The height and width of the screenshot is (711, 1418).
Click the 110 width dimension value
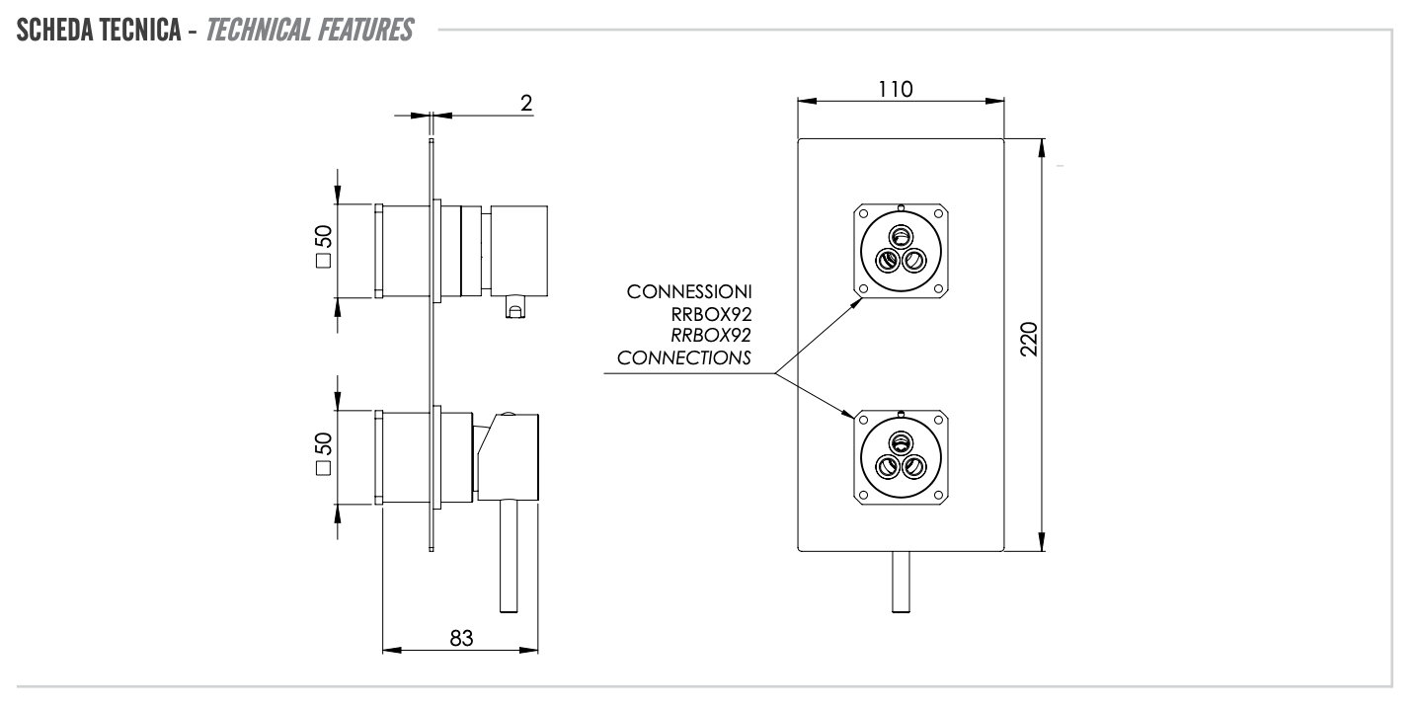tap(900, 87)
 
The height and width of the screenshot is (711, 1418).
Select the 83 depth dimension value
tap(460, 638)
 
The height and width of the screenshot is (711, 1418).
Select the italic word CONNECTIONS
tap(683, 357)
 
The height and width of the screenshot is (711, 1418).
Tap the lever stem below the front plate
tap(901, 581)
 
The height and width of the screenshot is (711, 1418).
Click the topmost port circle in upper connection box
tap(900, 237)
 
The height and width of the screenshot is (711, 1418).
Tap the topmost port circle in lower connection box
tap(900, 441)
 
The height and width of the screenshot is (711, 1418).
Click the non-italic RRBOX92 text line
tap(708, 316)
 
